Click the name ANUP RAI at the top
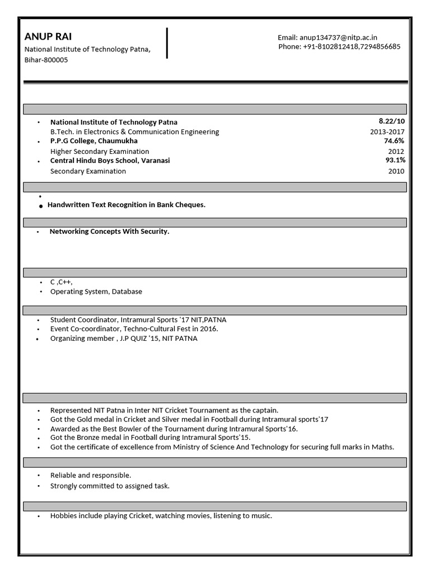point(48,37)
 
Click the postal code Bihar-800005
point(46,60)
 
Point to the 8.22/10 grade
point(391,121)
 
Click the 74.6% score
point(394,141)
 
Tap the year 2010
point(396,171)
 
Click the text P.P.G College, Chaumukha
point(94,141)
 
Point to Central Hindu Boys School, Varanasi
point(110,161)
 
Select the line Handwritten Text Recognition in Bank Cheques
point(127,205)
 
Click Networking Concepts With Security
point(109,231)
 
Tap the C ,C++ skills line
point(62,282)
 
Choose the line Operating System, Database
point(96,292)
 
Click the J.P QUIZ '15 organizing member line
point(124,339)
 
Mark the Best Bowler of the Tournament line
point(174,429)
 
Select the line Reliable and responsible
point(91,475)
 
